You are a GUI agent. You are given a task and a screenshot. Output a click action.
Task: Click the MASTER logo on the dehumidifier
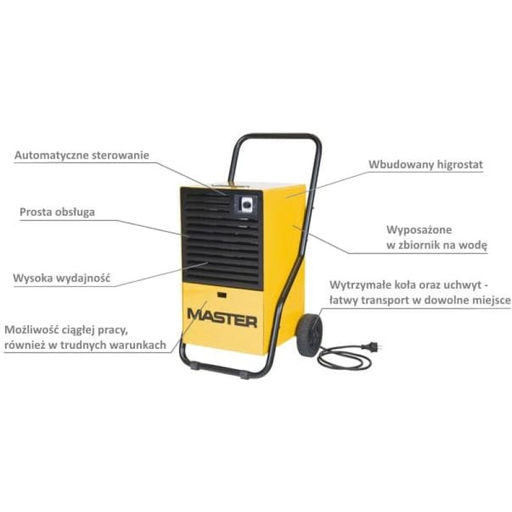click(x=222, y=318)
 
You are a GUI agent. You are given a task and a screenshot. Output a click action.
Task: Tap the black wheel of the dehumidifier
click(x=309, y=335)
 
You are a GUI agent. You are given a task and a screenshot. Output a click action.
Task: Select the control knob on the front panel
click(x=245, y=204)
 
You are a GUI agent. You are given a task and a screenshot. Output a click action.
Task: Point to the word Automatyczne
click(x=52, y=155)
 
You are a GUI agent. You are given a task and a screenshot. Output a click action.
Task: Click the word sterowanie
click(x=120, y=155)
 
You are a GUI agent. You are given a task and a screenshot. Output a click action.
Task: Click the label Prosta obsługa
click(x=57, y=212)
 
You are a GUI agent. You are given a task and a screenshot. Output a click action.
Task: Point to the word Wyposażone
click(x=419, y=230)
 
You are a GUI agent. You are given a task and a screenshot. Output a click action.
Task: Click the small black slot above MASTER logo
click(x=222, y=295)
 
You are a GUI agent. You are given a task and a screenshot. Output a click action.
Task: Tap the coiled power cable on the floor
click(x=344, y=358)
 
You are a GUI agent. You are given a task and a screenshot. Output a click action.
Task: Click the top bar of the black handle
click(x=275, y=136)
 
